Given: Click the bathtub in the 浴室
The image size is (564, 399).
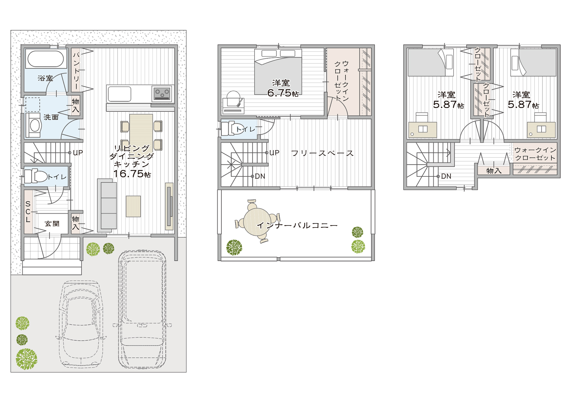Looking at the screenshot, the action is pos(46,59).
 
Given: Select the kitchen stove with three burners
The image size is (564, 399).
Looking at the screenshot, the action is pos(162,93).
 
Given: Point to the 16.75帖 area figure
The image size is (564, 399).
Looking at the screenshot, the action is pos(132,174).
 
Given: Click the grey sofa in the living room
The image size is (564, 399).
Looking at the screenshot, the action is pos(107,205).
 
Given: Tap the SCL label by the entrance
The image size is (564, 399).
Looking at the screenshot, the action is pos(28,212).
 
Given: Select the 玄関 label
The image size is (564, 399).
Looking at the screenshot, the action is pos(52,224).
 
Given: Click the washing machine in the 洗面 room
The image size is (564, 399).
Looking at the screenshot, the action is pos(33,125).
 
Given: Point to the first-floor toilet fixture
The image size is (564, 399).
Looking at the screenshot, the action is pos(36,176).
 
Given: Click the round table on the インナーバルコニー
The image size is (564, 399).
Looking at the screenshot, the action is pos(257,221).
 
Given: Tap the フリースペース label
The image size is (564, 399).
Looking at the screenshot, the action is pos(322,153).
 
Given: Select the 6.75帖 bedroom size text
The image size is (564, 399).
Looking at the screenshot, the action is pos(283,93).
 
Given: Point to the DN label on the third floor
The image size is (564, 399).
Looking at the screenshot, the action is pos(446,176).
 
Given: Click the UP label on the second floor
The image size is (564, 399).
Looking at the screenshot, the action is pos(274,153).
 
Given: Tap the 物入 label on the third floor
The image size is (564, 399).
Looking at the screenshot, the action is pos(494,171).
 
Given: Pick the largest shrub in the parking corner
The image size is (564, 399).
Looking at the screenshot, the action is pos(26,359).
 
